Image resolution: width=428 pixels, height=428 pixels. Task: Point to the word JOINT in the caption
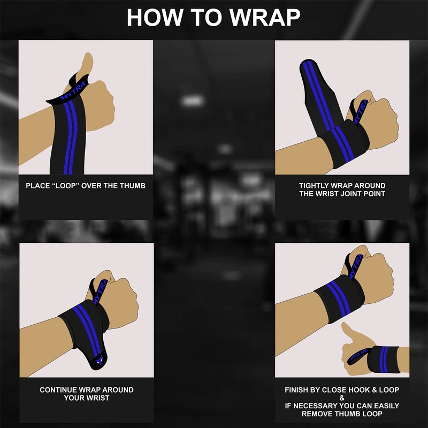coord(355,194)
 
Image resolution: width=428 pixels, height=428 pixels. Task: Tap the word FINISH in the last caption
coord(297,390)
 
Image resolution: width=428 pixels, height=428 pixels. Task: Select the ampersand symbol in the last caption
coord(342,398)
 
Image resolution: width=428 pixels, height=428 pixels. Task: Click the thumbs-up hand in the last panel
coord(356,342)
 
